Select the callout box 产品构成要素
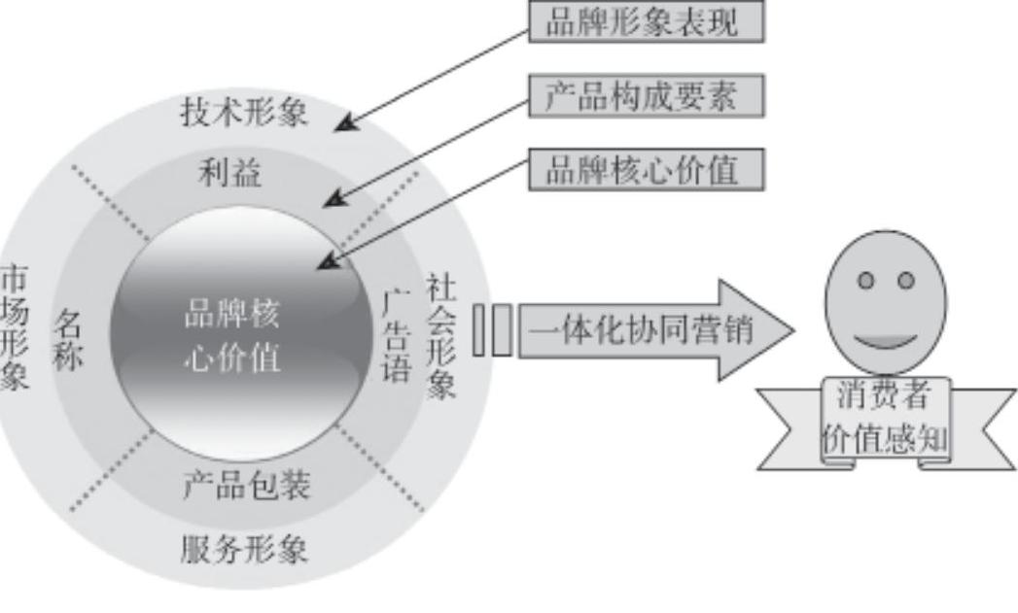point(647,96)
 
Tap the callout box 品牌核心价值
point(647,170)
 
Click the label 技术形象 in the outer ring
point(244,114)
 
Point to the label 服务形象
point(244,551)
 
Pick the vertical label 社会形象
point(441,336)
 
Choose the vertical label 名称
point(69,340)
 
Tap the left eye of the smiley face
point(865,280)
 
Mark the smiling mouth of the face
point(885,342)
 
